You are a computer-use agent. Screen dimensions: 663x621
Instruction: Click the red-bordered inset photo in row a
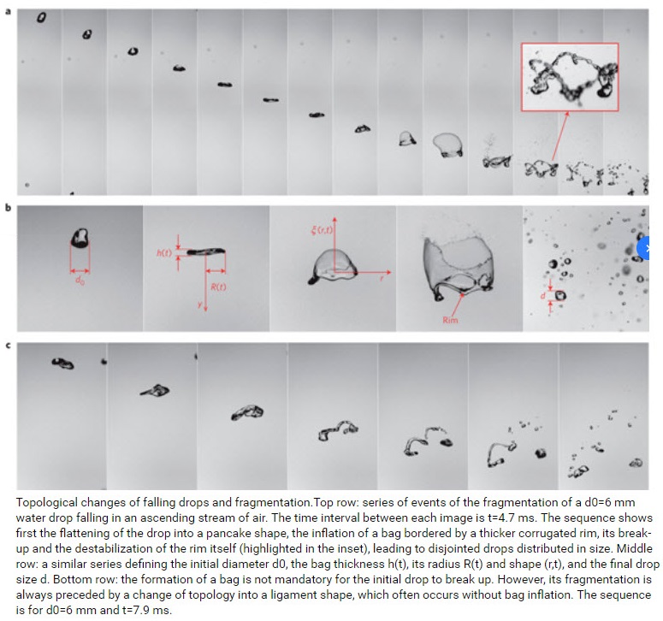click(x=570, y=76)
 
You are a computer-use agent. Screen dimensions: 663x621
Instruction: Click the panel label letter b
click(x=8, y=208)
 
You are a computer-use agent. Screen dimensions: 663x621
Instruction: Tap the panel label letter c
click(x=8, y=346)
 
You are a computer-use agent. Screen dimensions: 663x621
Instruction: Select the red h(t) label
click(x=164, y=253)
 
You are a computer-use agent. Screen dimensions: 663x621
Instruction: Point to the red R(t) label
click(x=218, y=287)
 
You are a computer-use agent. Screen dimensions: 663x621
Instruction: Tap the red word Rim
click(x=450, y=320)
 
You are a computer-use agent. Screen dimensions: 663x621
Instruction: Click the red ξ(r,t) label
click(x=322, y=229)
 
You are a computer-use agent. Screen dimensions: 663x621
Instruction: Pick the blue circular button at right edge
click(x=648, y=249)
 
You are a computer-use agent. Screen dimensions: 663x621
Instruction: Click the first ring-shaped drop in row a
click(x=41, y=17)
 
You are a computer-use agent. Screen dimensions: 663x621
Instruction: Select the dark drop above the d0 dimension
click(x=80, y=238)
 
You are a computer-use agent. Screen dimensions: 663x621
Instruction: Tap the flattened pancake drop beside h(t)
click(x=206, y=251)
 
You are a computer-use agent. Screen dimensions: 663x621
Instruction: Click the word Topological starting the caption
click(x=45, y=503)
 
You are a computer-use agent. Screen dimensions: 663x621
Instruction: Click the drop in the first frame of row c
click(x=62, y=364)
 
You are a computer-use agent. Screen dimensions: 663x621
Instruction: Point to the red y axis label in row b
click(x=199, y=305)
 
